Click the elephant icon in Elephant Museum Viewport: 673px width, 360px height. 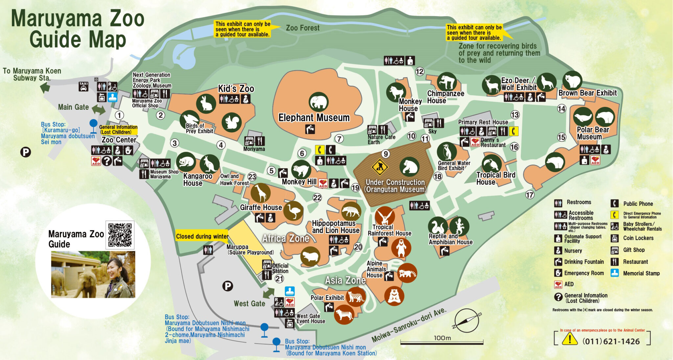318,102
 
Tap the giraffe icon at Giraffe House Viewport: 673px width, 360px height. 261,193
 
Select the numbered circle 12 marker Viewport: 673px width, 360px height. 420,71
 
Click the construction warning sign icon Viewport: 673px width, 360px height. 380,167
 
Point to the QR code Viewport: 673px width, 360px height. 120,235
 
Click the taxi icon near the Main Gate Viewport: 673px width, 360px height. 83,87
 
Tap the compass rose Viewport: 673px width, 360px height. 467,320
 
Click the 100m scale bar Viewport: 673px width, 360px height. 442,343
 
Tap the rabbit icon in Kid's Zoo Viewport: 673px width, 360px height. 206,103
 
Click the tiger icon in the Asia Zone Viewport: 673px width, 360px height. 344,314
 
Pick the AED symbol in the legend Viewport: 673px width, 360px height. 558,284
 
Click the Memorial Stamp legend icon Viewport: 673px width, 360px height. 615,273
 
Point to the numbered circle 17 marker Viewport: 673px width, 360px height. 529,195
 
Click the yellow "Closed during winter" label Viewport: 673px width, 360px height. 202,236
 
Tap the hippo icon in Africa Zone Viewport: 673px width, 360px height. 310,256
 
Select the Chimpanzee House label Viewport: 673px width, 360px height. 445,97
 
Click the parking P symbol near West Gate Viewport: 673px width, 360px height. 227,286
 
